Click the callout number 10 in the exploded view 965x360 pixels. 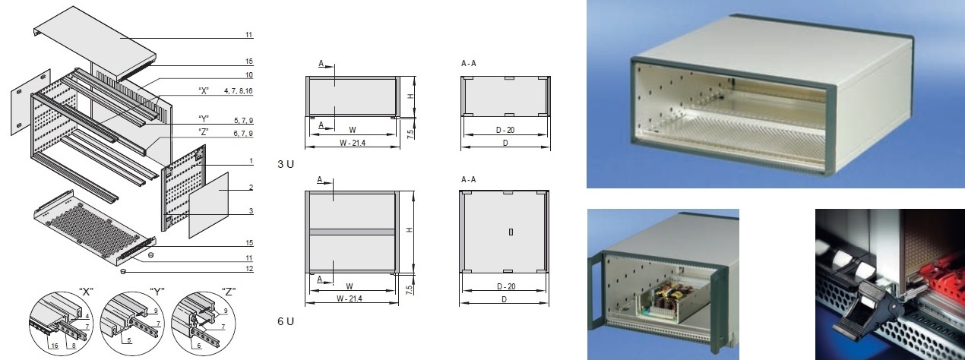click(x=249, y=75)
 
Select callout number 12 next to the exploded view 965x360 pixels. click(x=249, y=269)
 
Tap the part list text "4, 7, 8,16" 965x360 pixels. click(x=239, y=91)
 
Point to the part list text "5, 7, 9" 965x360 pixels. click(x=243, y=120)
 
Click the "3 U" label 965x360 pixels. click(x=286, y=164)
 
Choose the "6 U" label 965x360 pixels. click(x=286, y=321)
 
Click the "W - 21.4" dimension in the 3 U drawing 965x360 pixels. click(x=352, y=143)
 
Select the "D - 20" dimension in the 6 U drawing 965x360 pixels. click(x=506, y=286)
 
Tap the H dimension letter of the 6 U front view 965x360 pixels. click(x=410, y=230)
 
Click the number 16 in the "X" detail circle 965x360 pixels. click(x=54, y=346)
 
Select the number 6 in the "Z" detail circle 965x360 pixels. click(x=199, y=346)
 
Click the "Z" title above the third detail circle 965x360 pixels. click(x=228, y=292)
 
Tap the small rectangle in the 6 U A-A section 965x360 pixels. click(x=511, y=232)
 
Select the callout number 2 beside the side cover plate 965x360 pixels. click(x=251, y=188)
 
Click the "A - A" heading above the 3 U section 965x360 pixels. click(x=469, y=64)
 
